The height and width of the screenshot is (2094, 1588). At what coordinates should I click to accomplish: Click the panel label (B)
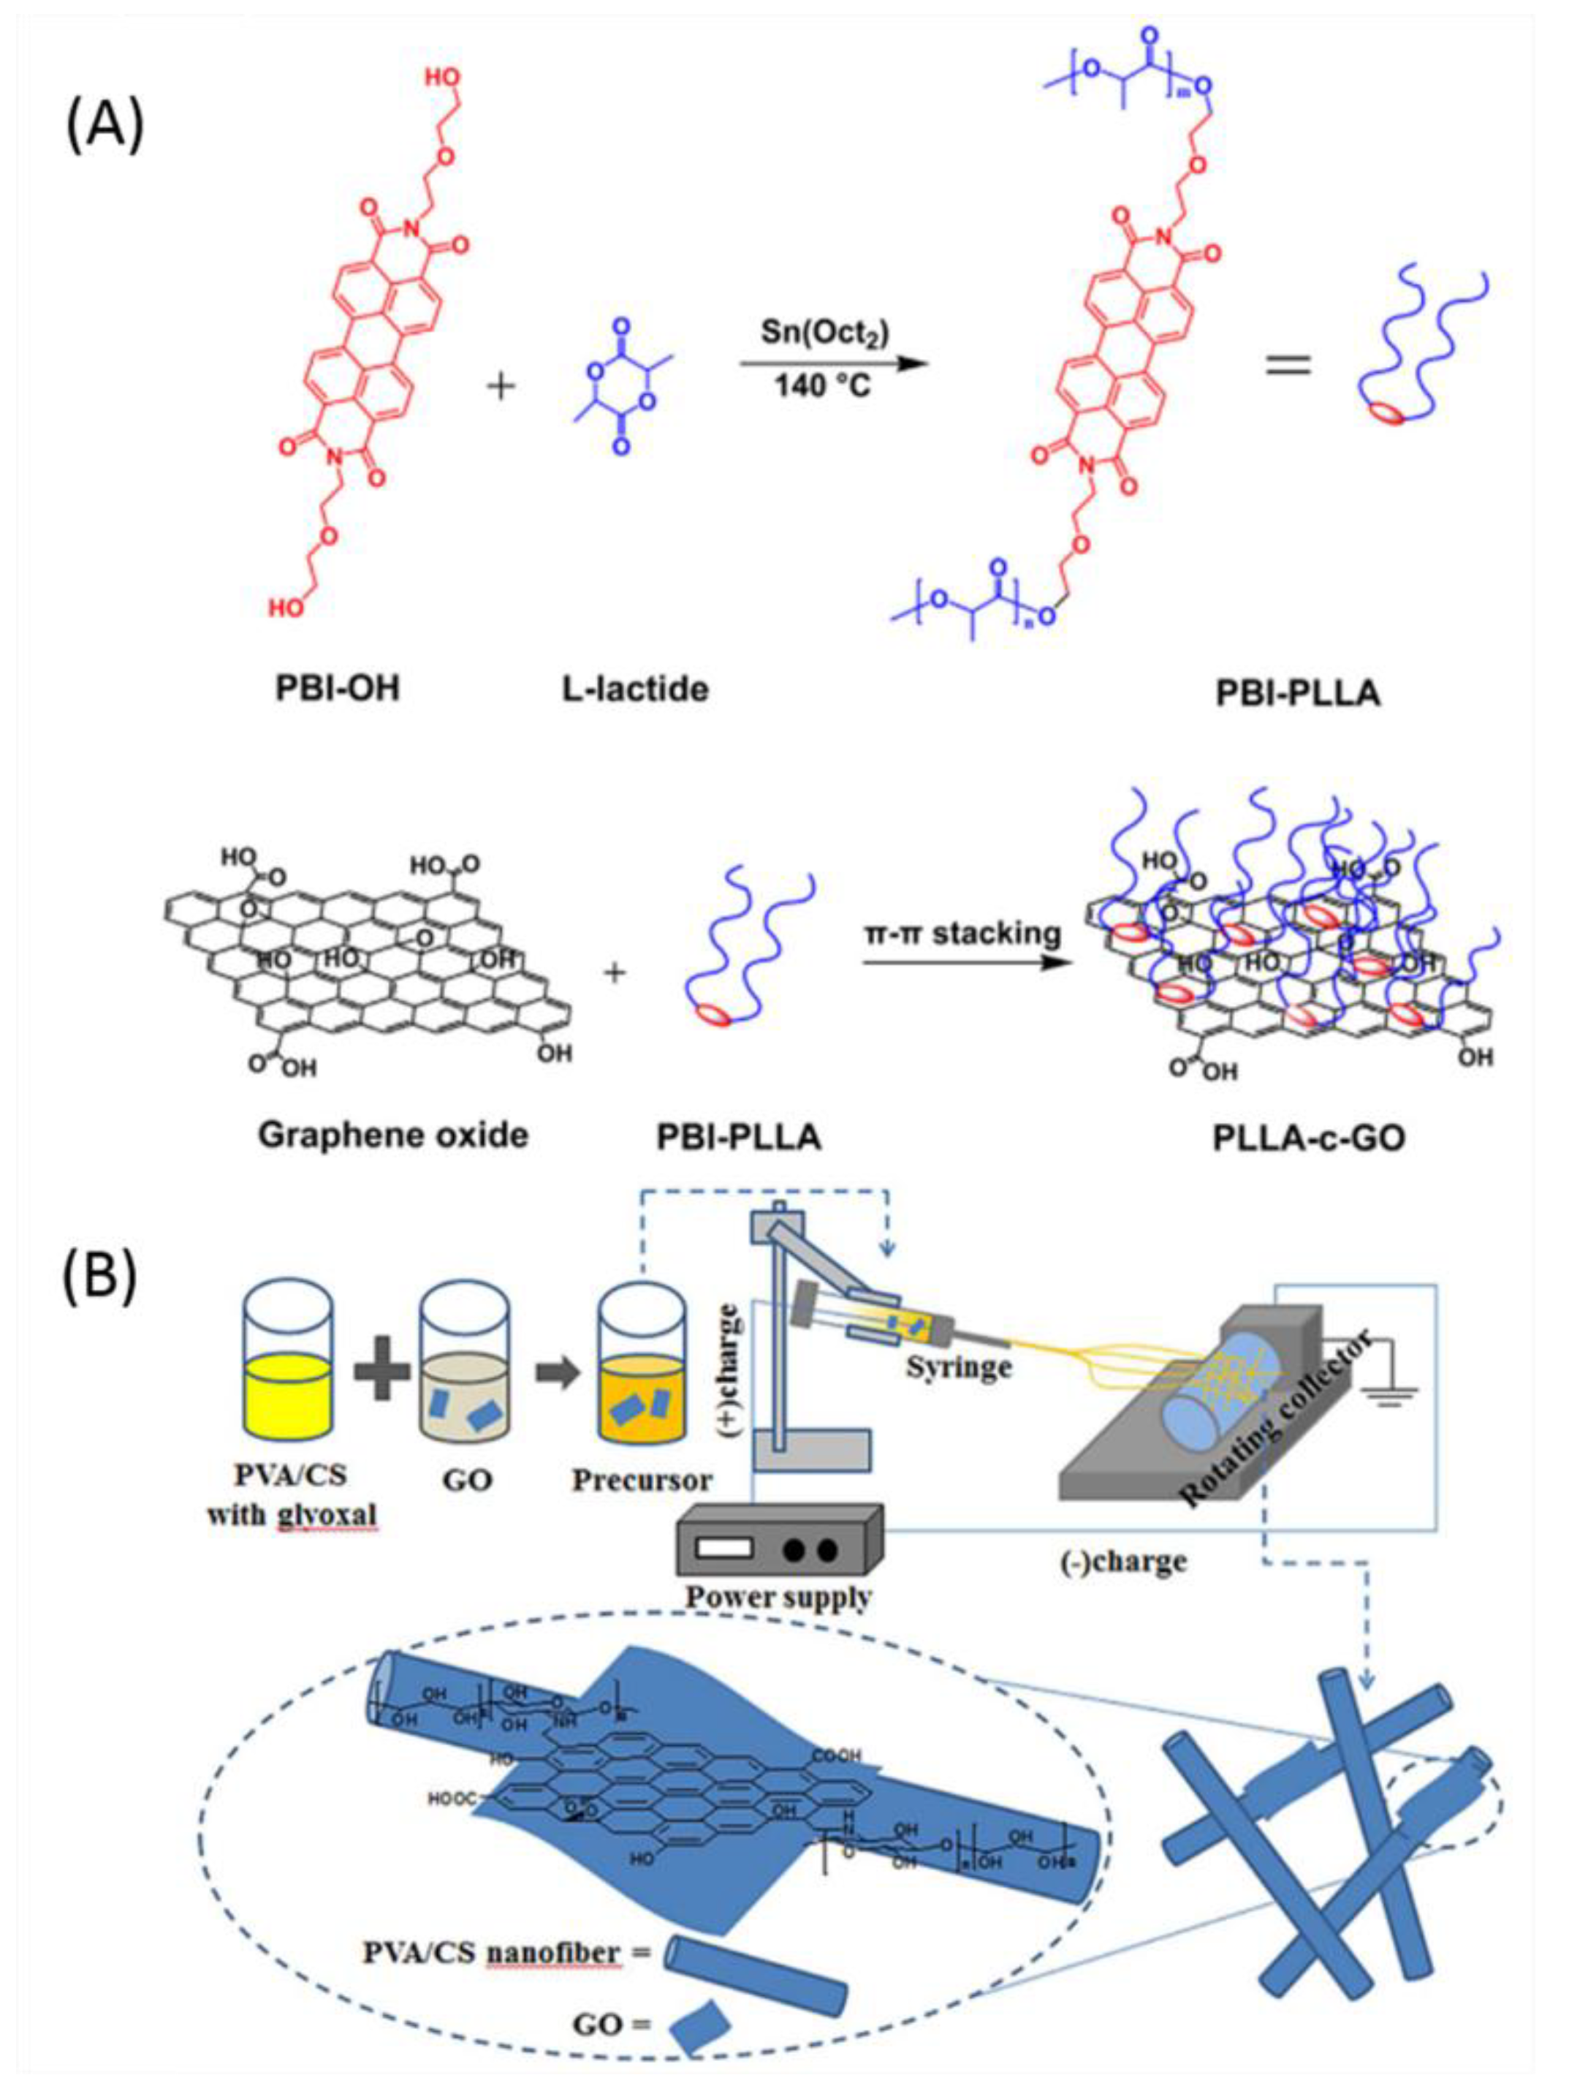99,1274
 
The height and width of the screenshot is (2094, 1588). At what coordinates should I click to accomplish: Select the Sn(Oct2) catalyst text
824,333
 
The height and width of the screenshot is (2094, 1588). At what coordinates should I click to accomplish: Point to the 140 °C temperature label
822,386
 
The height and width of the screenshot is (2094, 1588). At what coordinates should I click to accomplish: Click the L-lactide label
635,688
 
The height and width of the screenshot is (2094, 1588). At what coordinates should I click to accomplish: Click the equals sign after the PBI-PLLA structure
1288,364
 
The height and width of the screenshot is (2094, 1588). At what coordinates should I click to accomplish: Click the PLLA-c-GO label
1309,1137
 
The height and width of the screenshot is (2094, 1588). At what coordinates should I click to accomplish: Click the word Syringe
959,1367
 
